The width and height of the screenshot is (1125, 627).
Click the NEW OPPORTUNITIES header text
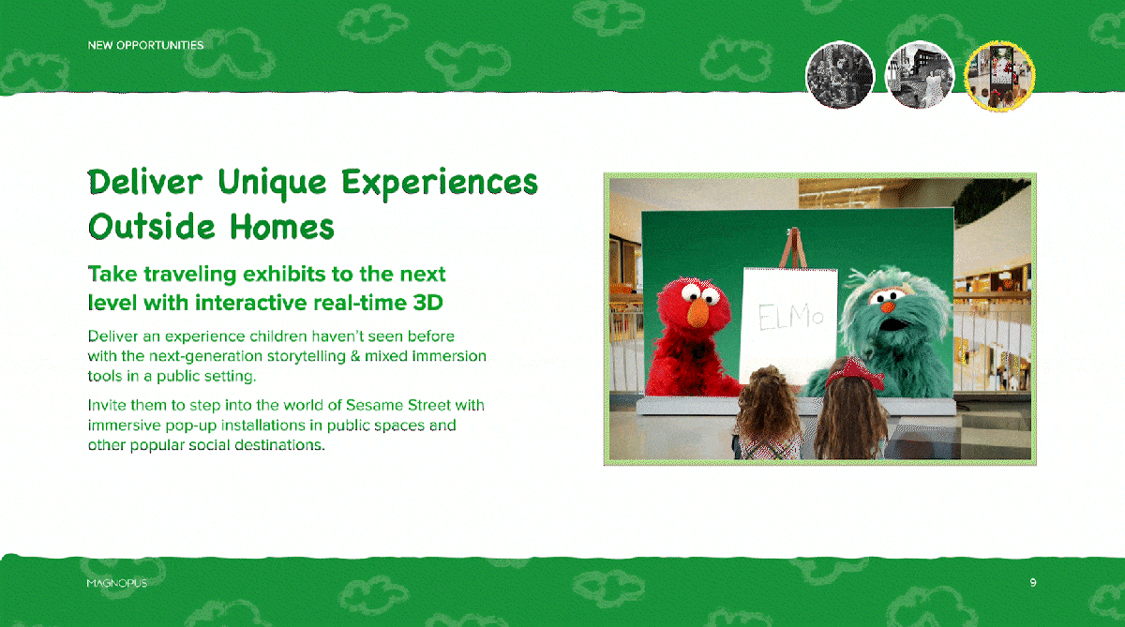click(145, 45)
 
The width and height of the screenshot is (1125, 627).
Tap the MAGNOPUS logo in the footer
click(117, 583)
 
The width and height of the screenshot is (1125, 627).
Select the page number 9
click(1033, 582)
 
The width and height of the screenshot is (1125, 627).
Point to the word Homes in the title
click(282, 227)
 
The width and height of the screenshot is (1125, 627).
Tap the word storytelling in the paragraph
click(307, 356)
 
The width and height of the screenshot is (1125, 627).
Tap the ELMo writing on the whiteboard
click(790, 317)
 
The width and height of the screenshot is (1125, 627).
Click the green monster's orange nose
click(888, 306)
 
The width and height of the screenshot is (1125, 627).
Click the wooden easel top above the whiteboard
click(793, 247)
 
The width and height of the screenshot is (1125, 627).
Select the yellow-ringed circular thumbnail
click(999, 76)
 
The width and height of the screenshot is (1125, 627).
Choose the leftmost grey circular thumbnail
click(840, 75)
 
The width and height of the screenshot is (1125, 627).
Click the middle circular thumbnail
click(920, 75)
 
